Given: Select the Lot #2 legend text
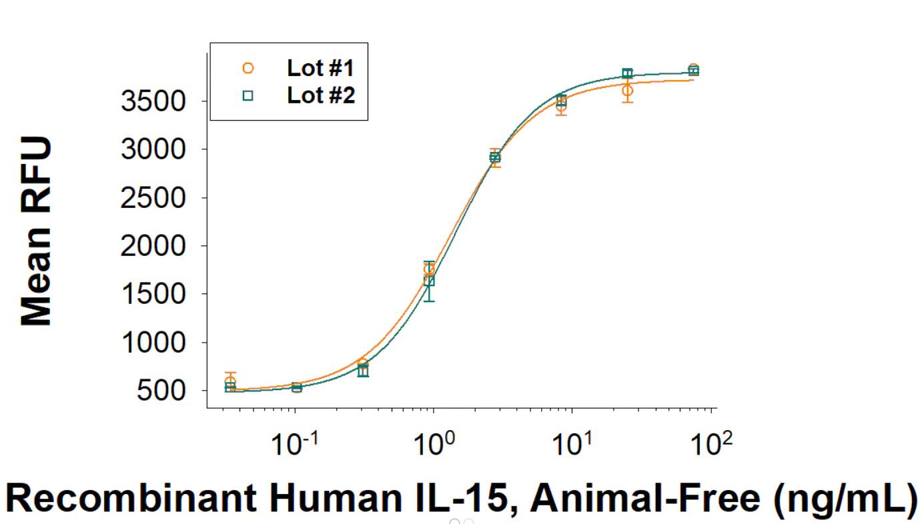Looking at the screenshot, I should point(321,95).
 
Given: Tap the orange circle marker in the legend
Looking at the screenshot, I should point(248,67).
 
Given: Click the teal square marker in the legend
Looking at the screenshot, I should point(248,96).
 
